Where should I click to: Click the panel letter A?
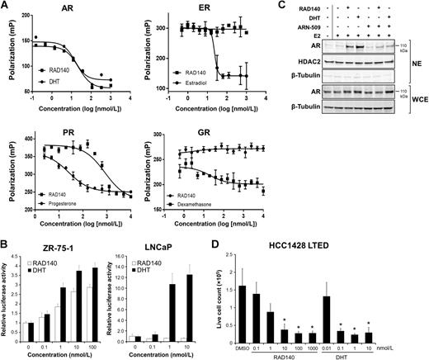pyautogui.click(x=6, y=7)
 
